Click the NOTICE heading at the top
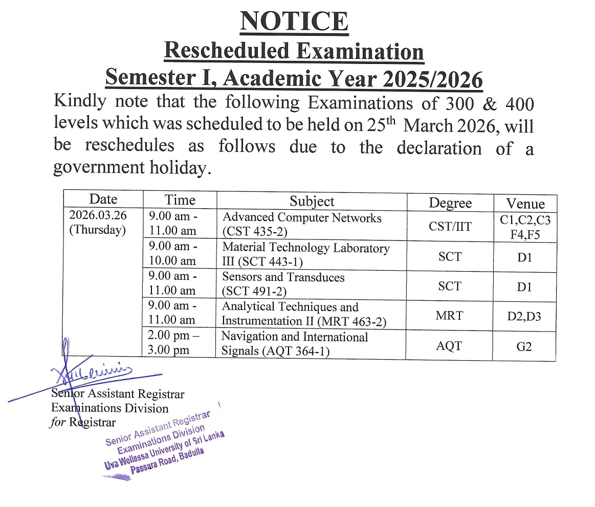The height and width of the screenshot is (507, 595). (294, 21)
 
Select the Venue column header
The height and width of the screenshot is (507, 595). (525, 203)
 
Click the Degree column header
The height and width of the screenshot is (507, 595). (450, 203)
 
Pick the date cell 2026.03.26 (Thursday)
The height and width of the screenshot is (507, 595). (97, 223)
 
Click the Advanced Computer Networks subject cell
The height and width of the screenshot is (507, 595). (302, 224)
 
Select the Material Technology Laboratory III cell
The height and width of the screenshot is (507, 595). (305, 254)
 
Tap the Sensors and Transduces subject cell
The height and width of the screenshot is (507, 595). (283, 284)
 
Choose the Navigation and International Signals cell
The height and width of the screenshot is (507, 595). (294, 343)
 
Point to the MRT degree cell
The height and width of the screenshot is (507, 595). (449, 316)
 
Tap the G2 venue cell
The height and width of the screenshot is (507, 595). (524, 346)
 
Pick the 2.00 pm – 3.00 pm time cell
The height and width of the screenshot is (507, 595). (173, 343)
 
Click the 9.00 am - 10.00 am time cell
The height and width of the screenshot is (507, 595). (173, 254)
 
